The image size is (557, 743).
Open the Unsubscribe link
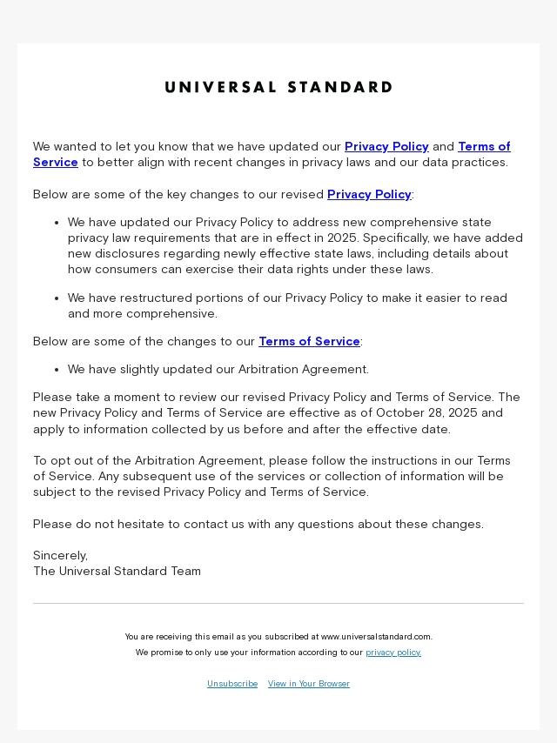tap(232, 684)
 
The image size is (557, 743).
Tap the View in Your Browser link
tap(309, 684)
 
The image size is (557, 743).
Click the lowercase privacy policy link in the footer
tap(393, 653)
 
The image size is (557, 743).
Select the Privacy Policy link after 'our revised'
tap(369, 194)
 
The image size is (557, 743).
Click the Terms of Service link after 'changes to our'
tap(309, 341)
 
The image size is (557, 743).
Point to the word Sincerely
tap(60, 555)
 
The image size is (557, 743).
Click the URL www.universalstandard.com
tap(376, 637)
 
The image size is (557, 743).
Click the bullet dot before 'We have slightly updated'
tap(57, 370)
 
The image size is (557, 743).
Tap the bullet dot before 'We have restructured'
tap(57, 298)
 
